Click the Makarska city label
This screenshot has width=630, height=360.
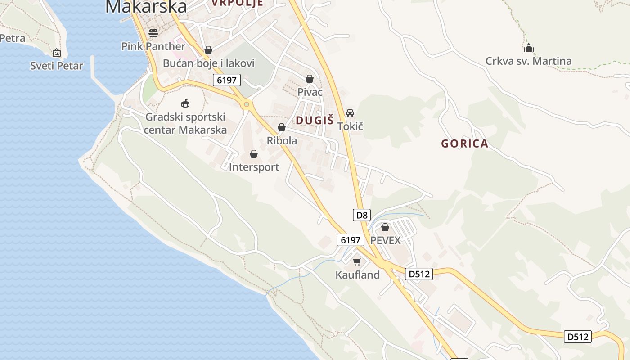click(146, 6)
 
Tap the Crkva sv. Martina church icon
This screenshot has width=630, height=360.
click(528, 48)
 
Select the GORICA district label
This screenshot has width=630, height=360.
click(464, 144)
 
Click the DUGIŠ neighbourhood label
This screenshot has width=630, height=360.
click(315, 120)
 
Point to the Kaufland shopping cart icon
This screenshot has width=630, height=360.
click(357, 261)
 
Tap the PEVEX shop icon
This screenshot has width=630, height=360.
click(385, 227)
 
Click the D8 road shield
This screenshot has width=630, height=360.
click(362, 215)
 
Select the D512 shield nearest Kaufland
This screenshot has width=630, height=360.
click(418, 274)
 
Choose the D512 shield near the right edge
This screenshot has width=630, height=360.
click(578, 336)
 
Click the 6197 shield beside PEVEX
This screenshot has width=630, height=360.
click(350, 240)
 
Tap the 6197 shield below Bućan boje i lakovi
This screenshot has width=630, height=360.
click(227, 80)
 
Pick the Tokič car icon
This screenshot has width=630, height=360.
click(350, 113)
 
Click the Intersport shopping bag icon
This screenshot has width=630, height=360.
click(254, 154)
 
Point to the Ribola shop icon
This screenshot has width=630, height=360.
click(282, 128)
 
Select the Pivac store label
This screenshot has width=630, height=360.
click(310, 92)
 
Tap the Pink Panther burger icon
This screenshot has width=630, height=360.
click(153, 33)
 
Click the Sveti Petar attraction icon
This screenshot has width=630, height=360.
click(57, 53)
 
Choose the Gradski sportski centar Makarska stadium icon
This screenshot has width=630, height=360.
click(185, 103)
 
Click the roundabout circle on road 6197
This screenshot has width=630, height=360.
click(246, 105)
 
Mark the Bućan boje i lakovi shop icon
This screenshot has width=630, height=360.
click(208, 50)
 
